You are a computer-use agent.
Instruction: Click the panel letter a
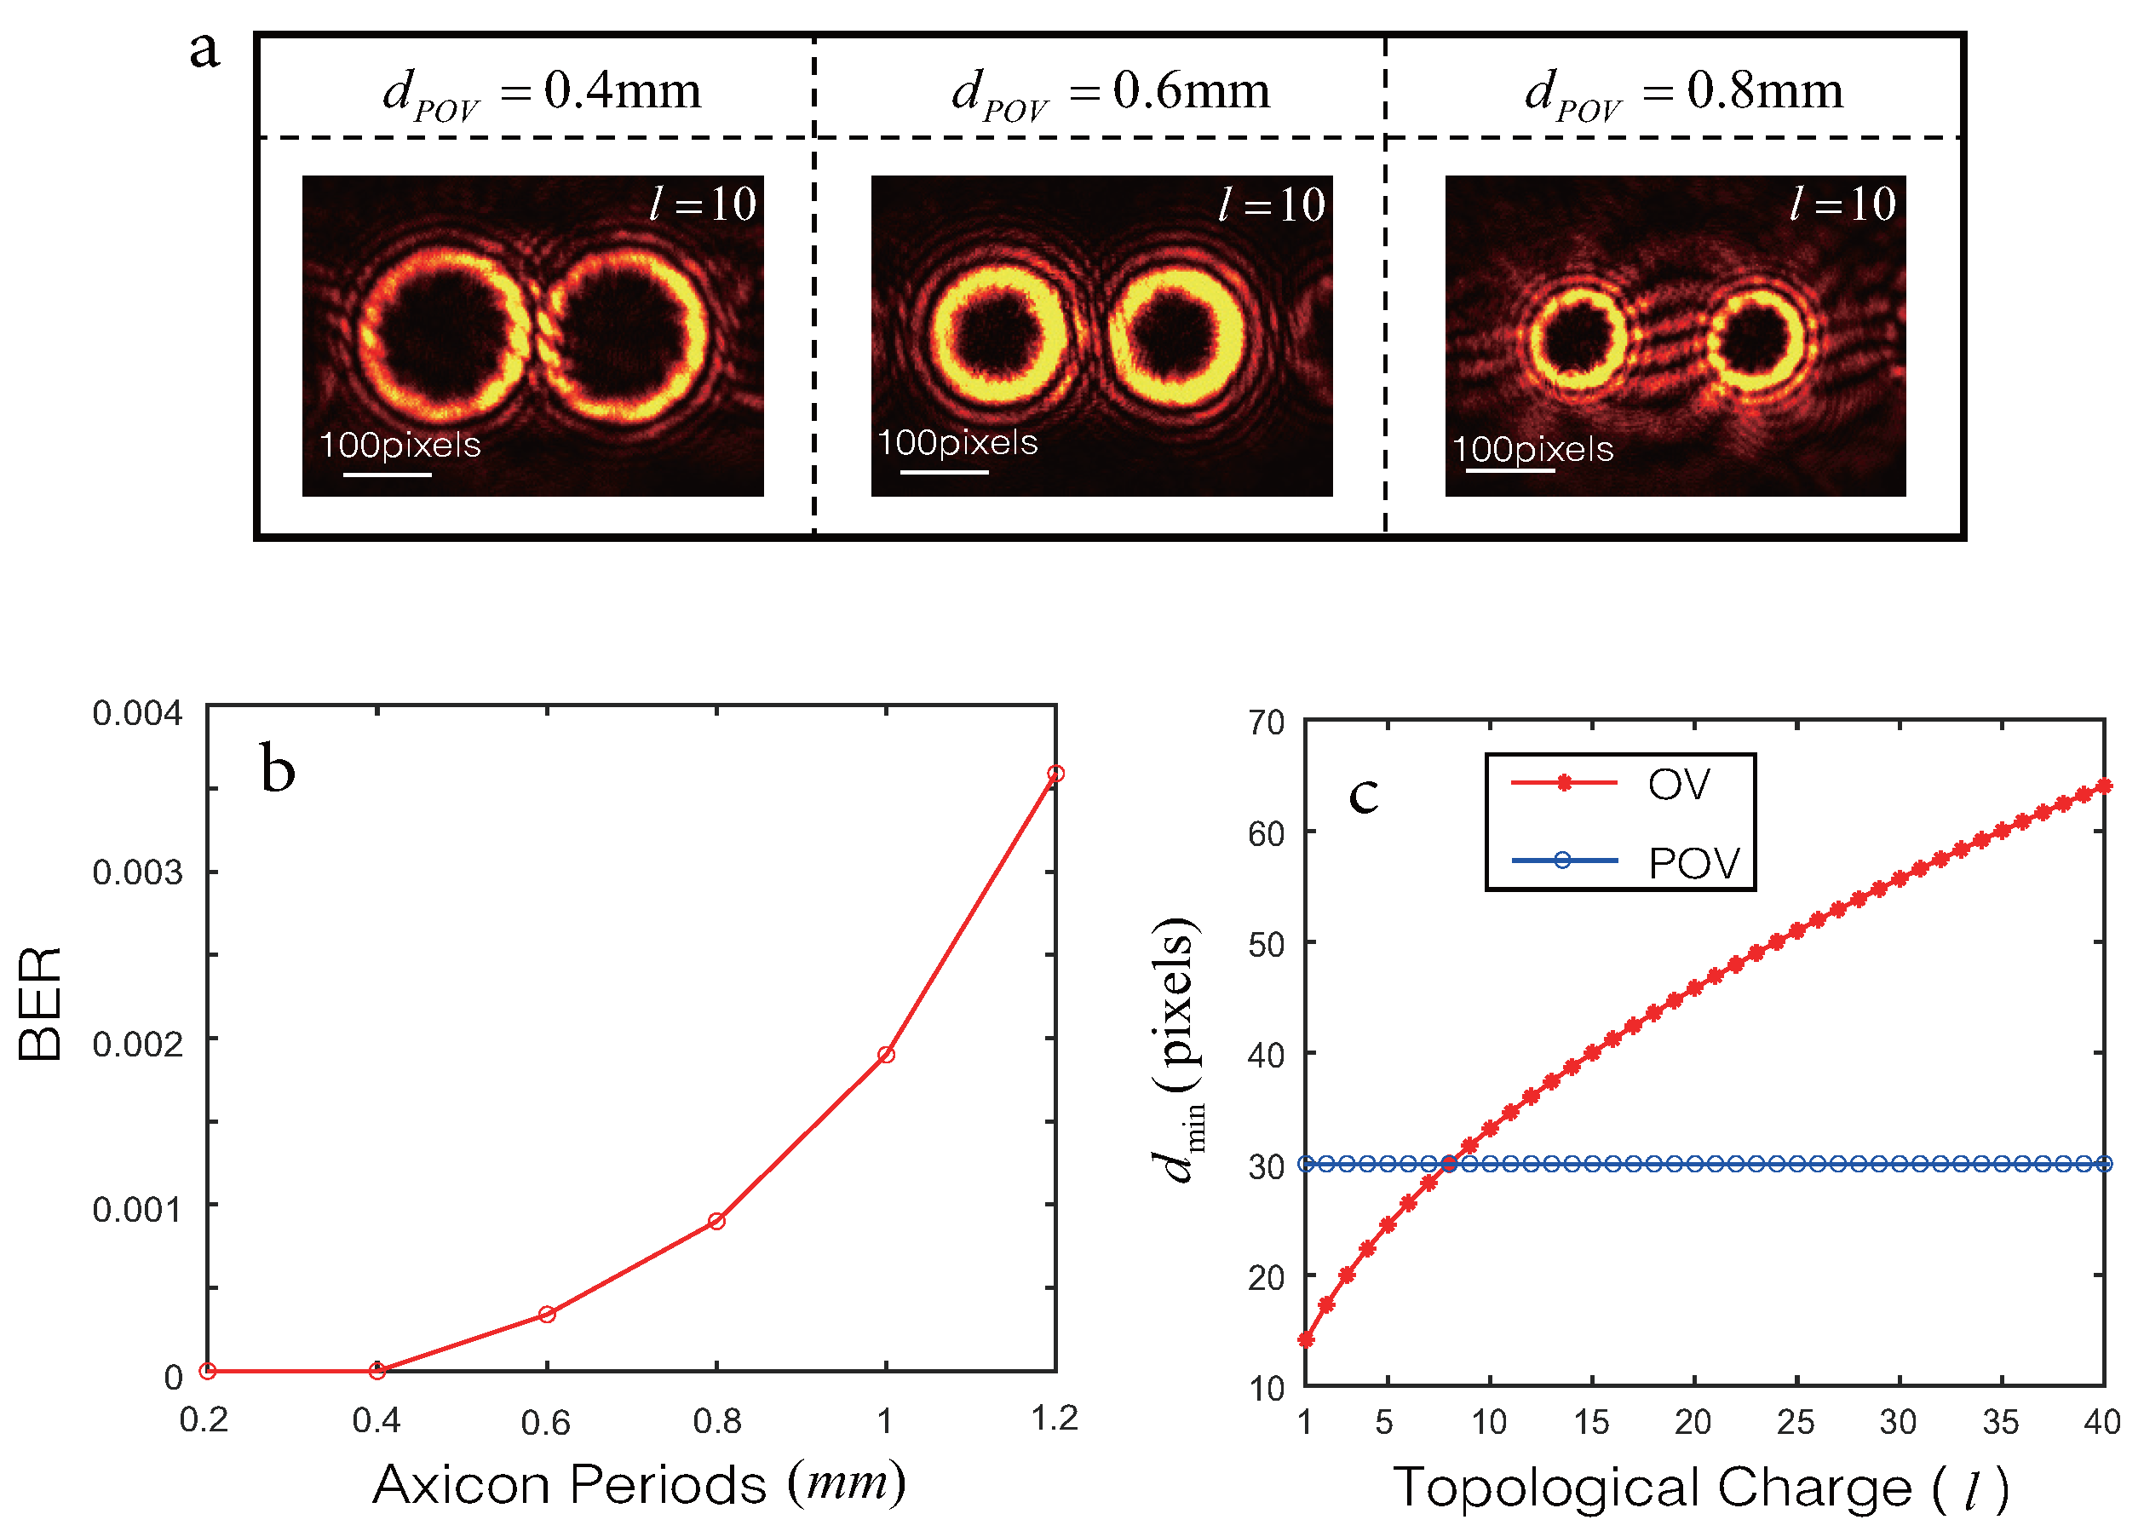[x=204, y=49]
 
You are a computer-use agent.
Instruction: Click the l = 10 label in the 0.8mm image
[x=1842, y=204]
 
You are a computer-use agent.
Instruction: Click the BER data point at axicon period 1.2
[x=1056, y=774]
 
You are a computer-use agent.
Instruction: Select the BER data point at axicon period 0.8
[x=716, y=1221]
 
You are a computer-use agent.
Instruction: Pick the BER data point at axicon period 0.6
[x=546, y=1314]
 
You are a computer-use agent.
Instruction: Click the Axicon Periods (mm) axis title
[x=639, y=1484]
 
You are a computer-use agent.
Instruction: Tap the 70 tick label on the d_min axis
[x=1266, y=724]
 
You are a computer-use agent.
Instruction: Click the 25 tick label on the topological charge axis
[x=1795, y=1423]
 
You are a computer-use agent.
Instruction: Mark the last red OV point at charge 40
[x=2103, y=786]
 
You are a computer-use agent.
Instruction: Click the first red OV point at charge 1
[x=1306, y=1339]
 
